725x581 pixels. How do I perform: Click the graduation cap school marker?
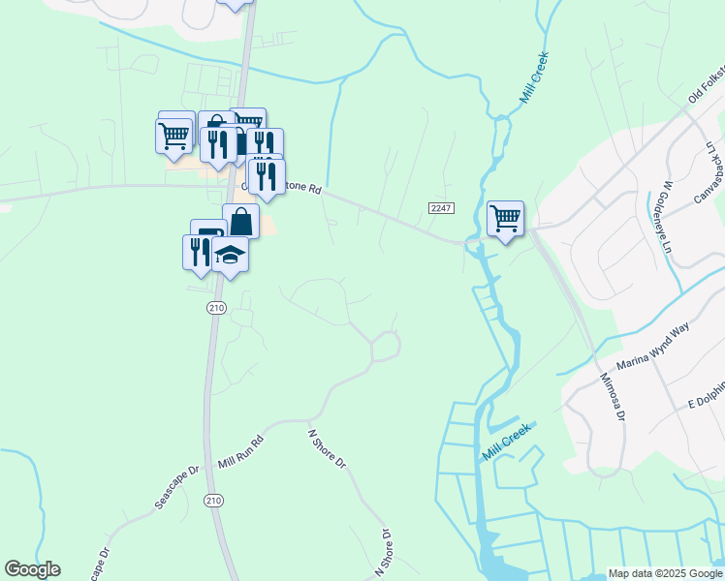[x=231, y=256]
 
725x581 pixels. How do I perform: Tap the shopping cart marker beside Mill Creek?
[x=505, y=219]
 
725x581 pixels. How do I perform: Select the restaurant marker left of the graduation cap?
[x=198, y=252]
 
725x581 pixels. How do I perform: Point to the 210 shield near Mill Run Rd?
[x=215, y=308]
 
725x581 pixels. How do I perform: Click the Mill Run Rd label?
[x=241, y=452]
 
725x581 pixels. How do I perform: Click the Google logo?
[x=32, y=569]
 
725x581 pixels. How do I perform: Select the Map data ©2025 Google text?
[x=665, y=573]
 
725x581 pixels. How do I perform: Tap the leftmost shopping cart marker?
[x=173, y=137]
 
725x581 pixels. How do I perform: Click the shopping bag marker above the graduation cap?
[x=240, y=222]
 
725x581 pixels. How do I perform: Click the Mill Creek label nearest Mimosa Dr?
[x=507, y=442]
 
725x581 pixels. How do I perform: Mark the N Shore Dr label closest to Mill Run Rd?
[x=327, y=449]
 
